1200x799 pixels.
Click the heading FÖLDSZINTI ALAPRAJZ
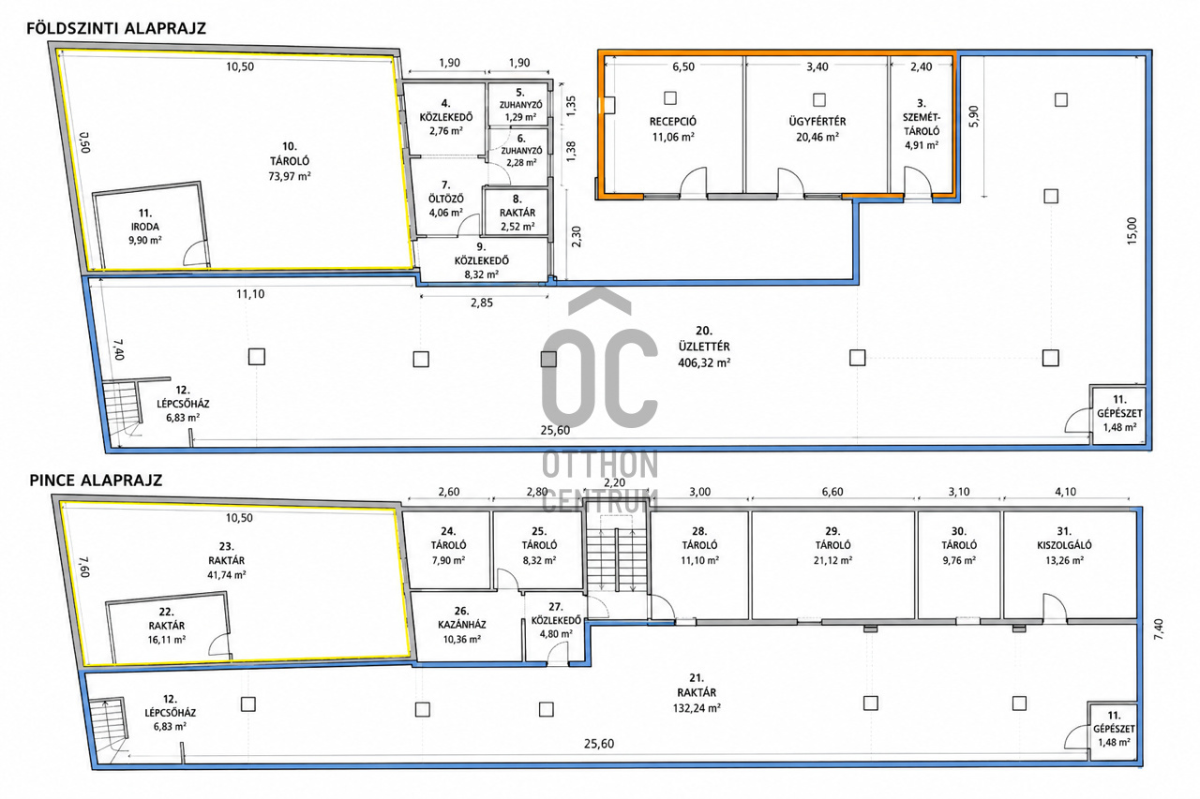click(x=116, y=28)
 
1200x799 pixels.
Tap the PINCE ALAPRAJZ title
click(x=96, y=480)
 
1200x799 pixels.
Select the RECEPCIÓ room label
click(x=673, y=122)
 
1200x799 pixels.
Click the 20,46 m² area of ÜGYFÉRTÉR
click(x=817, y=137)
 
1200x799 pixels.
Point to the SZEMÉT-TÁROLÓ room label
click(x=922, y=125)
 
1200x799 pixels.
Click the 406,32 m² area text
click(x=704, y=363)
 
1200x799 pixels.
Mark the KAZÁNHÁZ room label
click(x=462, y=625)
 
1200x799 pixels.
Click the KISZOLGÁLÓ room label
click(x=1064, y=545)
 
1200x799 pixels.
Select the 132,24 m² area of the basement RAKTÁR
click(x=697, y=708)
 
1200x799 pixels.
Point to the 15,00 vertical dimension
click(x=1131, y=230)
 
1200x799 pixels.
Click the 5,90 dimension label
click(x=973, y=116)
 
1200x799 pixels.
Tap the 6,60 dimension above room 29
click(x=832, y=491)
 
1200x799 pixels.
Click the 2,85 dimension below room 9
click(x=482, y=303)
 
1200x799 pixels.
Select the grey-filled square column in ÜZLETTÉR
click(x=548, y=359)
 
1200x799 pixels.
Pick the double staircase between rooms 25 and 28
click(x=617, y=560)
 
